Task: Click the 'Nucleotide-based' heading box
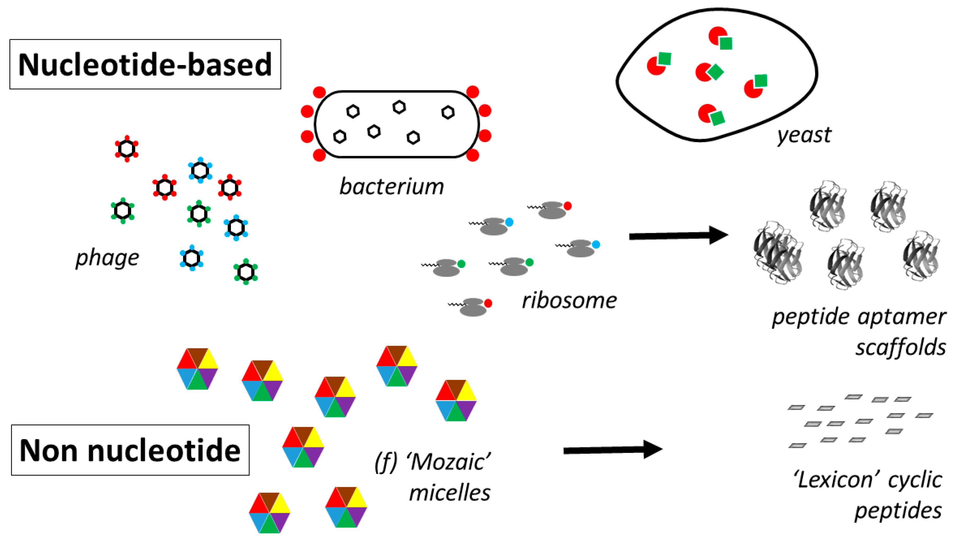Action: point(145,64)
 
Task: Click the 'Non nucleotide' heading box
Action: point(130,450)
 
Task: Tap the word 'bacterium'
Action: point(391,186)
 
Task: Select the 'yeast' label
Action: point(804,135)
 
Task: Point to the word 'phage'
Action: point(107,258)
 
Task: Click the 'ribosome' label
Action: point(569,300)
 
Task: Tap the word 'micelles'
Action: point(450,493)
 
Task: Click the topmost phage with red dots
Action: point(127,149)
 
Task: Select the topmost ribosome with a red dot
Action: point(551,210)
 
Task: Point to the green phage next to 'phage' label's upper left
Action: point(123,211)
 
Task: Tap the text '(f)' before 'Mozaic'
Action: point(386,462)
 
